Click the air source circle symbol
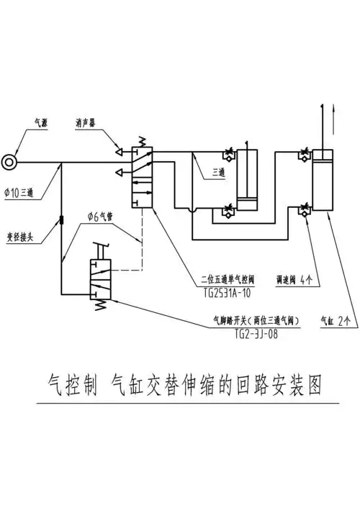[x=9, y=162]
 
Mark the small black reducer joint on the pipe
[x=61, y=219]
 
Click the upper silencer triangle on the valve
[x=120, y=151]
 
